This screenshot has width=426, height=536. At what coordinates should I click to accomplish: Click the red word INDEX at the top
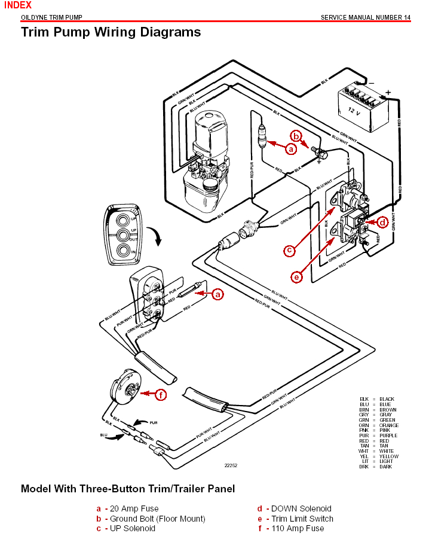17,5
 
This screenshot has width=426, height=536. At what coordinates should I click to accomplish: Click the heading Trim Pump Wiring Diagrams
111,32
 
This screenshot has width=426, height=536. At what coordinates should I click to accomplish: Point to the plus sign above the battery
388,92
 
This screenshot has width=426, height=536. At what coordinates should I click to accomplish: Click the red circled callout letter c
289,251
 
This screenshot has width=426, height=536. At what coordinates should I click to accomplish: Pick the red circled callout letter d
383,223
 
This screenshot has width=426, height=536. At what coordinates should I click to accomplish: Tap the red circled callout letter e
297,276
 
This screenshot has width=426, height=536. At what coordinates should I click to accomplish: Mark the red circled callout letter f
160,394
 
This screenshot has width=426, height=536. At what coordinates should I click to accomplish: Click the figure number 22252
231,465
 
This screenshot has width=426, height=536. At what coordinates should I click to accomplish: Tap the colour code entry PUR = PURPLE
377,435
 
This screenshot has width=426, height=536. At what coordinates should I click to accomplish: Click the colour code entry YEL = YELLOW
377,456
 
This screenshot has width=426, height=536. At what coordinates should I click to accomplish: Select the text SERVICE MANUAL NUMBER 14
366,17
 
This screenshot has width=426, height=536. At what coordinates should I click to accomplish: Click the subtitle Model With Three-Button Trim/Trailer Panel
128,489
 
